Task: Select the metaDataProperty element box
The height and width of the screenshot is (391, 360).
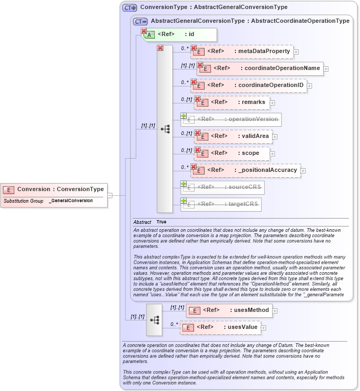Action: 242,51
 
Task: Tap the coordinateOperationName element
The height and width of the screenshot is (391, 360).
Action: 260,68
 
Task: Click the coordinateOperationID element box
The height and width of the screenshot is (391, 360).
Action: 249,85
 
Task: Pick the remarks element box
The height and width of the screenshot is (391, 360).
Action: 232,102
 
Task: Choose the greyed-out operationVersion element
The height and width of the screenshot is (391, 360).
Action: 231,119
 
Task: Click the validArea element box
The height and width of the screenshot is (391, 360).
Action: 233,136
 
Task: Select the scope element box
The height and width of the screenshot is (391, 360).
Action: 232,153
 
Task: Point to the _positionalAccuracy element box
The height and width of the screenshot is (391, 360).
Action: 246,170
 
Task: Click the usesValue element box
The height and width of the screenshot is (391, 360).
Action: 220,327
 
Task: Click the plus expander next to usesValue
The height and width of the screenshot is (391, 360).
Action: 264,328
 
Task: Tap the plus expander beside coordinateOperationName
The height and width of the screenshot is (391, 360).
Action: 326,69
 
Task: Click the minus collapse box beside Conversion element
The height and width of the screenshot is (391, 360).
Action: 110,195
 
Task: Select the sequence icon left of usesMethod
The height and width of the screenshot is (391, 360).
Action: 154,320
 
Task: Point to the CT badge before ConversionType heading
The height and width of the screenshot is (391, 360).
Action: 129,7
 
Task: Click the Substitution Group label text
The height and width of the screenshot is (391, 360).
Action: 23,201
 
